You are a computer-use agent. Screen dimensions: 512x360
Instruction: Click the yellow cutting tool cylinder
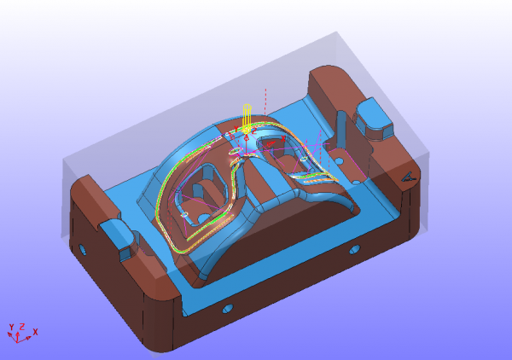coord(247,118)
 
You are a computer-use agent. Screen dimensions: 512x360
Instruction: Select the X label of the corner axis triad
coord(35,332)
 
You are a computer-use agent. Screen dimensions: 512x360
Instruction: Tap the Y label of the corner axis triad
coord(11,327)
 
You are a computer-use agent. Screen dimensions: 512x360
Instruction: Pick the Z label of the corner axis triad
coord(22,327)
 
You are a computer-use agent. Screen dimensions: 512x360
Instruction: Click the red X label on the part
coord(283,138)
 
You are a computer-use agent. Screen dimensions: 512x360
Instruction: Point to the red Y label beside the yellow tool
coord(236,130)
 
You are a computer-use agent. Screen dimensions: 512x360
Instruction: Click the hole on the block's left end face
coord(83,250)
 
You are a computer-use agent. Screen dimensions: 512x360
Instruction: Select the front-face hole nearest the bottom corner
coord(228,308)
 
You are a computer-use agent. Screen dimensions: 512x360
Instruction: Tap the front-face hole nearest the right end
coord(354,250)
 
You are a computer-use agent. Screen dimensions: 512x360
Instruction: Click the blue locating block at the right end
coord(374,119)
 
